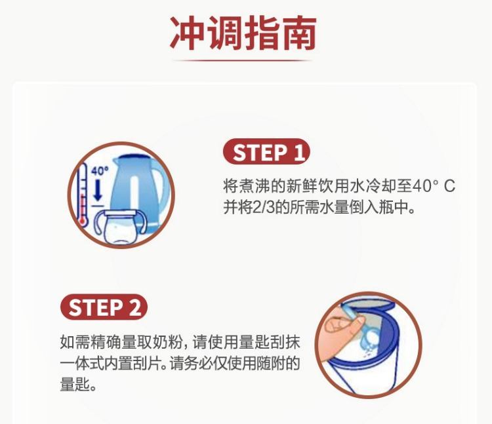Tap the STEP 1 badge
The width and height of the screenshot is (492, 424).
click(266, 151)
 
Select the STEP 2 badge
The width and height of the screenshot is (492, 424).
click(104, 307)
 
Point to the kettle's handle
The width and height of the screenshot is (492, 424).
click(164, 191)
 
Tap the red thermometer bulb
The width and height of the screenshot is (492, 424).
click(83, 222)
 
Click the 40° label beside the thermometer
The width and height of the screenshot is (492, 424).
click(100, 171)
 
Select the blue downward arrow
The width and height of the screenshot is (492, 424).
click(98, 189)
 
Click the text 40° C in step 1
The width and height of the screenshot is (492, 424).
click(433, 186)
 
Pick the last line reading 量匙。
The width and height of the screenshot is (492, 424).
click(78, 385)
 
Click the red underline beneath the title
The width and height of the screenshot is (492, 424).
click(242, 60)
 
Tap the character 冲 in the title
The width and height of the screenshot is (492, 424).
click(187, 33)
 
